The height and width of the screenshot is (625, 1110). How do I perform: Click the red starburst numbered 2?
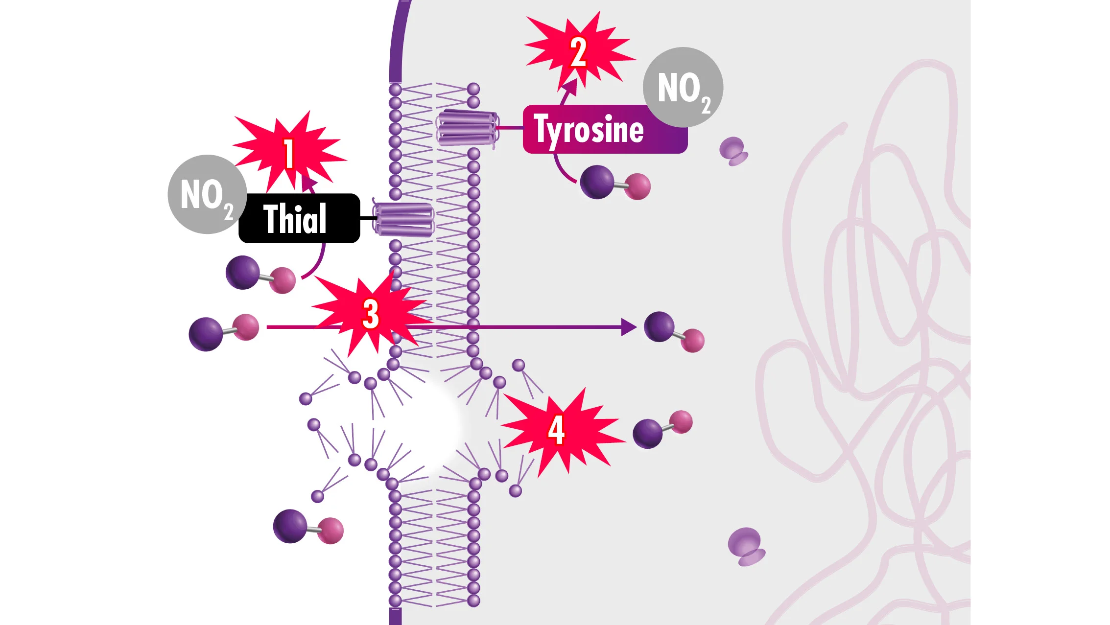(579, 52)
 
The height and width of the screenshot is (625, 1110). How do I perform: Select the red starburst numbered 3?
(371, 313)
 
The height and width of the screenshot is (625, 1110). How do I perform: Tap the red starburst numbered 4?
(558, 431)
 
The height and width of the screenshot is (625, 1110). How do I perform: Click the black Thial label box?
(299, 218)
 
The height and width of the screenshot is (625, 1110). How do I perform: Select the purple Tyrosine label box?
(605, 129)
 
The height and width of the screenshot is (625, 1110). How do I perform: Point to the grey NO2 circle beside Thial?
(207, 194)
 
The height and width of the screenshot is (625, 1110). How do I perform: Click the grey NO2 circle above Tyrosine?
(683, 87)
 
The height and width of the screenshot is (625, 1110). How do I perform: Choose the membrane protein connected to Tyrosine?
(468, 128)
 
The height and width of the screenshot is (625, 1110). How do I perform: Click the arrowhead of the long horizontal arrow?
(629, 327)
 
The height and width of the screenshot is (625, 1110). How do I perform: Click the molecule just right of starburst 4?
(662, 429)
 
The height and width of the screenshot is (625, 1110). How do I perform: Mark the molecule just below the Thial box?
(260, 274)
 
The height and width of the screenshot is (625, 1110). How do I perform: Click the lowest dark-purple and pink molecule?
(308, 527)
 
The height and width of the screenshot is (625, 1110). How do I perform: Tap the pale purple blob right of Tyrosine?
(733, 151)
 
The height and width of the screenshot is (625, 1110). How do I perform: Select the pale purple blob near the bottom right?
(746, 547)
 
